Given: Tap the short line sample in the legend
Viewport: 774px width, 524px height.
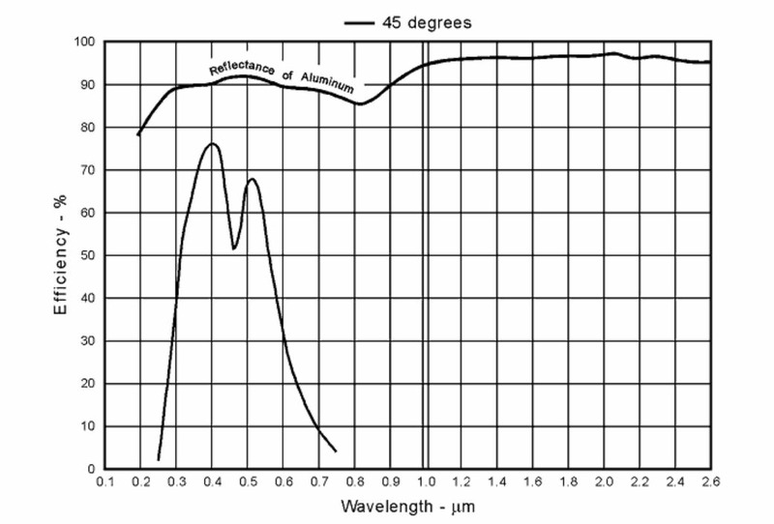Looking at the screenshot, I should coord(359,21).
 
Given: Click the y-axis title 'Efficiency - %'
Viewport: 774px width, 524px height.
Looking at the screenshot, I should coord(59,256).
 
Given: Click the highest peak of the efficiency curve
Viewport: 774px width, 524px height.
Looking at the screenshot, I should coord(212,144).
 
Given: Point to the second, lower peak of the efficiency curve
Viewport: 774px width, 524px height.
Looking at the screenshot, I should coord(252,179).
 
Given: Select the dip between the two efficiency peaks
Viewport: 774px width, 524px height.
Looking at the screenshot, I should coord(234,248).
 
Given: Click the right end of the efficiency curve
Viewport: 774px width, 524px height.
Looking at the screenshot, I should coord(336,451).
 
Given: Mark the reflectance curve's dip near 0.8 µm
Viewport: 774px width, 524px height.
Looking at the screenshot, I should coord(360,103).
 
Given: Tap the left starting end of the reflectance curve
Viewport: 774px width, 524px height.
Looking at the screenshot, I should coord(138,135).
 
